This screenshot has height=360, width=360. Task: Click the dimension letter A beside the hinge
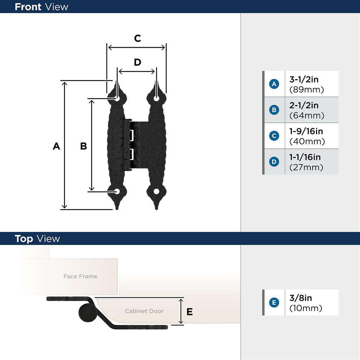coord(56,146)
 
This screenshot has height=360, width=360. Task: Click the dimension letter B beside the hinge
coord(83,146)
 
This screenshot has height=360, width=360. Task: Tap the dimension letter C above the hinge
coord(137,38)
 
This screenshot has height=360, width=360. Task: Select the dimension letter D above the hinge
coord(137,62)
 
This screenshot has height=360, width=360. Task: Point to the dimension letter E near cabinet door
coord(189,311)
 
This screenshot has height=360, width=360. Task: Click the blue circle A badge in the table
coord(274,84)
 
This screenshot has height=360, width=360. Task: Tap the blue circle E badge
coord(274,302)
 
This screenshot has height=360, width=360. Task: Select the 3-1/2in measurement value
coord(304,79)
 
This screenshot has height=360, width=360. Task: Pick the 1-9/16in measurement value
coord(306,131)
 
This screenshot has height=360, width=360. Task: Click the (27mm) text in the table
coord(306,167)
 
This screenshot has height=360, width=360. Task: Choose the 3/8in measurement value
coord(301,298)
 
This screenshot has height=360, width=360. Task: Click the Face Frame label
coord(80,276)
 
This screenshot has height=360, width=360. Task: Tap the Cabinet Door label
coord(144,311)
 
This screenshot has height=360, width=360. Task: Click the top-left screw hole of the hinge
coord(117,98)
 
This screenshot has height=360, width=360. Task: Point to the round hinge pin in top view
coord(86,313)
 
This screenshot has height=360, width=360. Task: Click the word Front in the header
coord(28,7)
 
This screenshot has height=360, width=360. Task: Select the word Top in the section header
coord(24,239)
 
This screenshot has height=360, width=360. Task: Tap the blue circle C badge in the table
coord(274,136)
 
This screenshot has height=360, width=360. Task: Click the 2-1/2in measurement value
coord(304,105)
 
